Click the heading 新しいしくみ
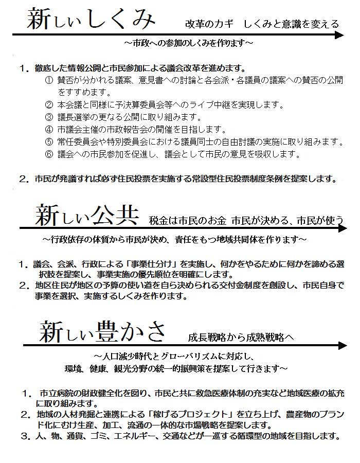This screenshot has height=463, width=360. [91, 20]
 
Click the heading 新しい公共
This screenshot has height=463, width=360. [86, 216]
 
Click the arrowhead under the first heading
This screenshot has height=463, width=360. [339, 35]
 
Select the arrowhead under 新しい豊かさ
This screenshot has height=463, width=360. [339, 345]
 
